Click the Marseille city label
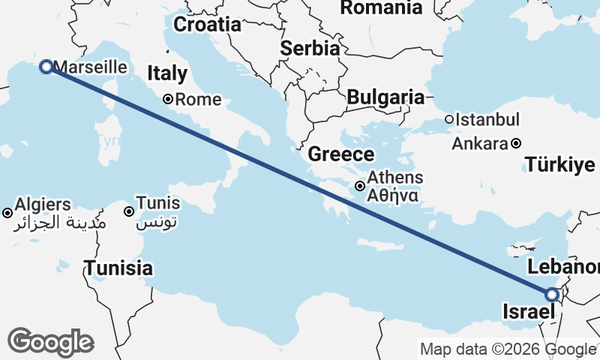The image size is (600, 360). pos(90,67)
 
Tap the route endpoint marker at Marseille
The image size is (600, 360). pos(46,67)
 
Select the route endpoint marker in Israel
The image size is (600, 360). pos(552,295)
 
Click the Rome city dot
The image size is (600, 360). pos(169,99)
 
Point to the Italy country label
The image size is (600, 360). pos(166,73)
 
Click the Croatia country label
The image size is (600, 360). pos(207,24)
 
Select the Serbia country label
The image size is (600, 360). pos(310,48)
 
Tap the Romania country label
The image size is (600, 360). pos(381,8)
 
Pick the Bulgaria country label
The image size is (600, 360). pos(385,97)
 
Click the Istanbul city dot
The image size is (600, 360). pos(449,119)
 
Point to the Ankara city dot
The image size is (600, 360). pos(517,143)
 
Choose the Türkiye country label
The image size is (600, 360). pos(560,165)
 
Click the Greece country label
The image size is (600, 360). pos(341,155)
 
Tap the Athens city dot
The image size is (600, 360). pos(361,186)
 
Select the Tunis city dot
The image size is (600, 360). pos(130,211)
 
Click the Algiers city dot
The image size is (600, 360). pos(7,213)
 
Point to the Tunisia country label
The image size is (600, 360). pos(118,268)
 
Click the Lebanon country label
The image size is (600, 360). pos(563,267)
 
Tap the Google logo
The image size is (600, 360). pos(50,342)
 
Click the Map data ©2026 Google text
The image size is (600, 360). pos(508,349)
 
